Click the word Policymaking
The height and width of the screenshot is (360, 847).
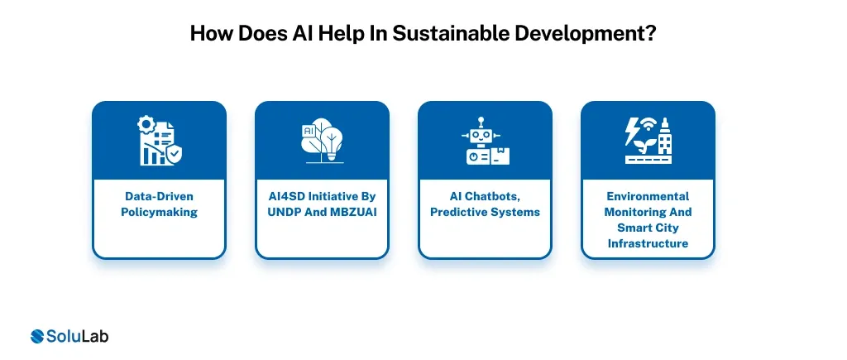159,212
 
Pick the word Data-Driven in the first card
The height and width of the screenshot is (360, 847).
159,197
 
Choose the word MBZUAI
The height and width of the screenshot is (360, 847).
346,212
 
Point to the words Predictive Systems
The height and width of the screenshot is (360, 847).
485,212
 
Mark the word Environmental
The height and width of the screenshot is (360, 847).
648,197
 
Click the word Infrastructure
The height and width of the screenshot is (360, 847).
648,242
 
